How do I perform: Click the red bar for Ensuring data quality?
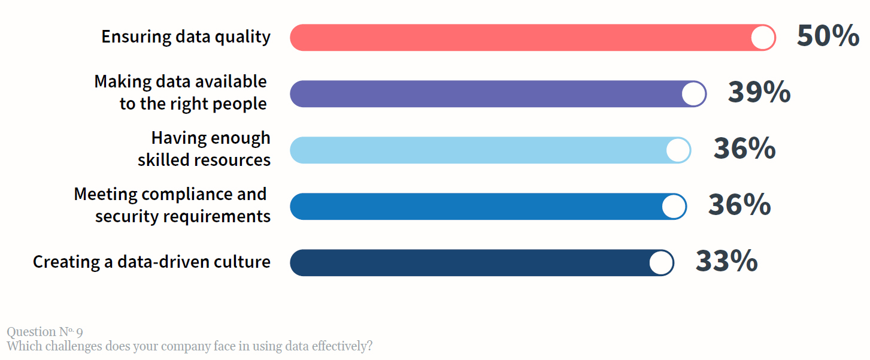(521, 38)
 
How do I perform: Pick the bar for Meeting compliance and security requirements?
(476, 207)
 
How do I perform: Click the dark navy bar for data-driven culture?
(470, 263)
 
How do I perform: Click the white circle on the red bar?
(763, 38)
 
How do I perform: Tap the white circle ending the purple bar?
(693, 94)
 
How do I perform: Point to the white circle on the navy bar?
(661, 263)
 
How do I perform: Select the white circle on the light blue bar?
(678, 150)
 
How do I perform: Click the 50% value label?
(828, 37)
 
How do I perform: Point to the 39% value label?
(759, 93)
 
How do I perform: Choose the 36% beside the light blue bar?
(744, 149)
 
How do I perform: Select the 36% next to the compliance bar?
(739, 205)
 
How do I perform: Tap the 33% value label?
(726, 262)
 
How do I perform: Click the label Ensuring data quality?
(186, 37)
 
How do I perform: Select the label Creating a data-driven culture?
(151, 262)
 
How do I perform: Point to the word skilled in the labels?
(165, 160)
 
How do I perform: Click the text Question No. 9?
(45, 332)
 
